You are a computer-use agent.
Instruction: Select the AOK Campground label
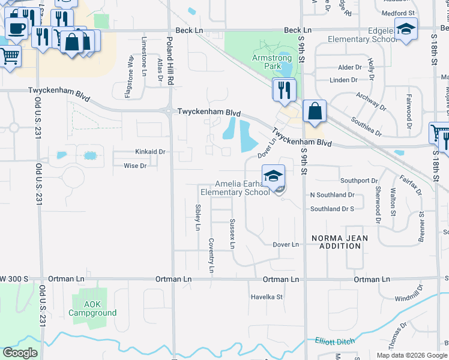point(92,308)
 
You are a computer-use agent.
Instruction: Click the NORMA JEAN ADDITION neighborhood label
point(339,242)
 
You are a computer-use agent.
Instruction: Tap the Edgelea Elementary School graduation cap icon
point(406,30)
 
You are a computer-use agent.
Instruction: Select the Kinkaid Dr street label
point(150,152)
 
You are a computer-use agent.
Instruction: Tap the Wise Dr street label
point(135,166)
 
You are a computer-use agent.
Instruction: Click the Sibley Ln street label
point(197,217)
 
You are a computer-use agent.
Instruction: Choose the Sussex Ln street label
point(232,234)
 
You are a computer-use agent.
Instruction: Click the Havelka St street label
point(267,297)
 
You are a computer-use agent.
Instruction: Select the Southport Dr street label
point(359,181)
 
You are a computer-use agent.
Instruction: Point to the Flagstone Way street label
point(130,69)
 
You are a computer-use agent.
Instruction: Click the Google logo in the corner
point(20,352)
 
